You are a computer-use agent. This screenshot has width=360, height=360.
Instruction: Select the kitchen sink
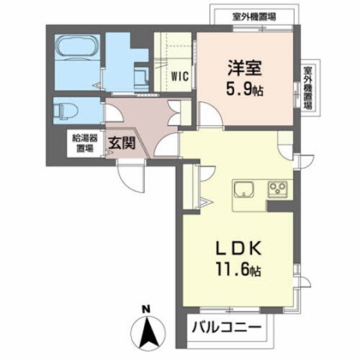[x=242, y=190]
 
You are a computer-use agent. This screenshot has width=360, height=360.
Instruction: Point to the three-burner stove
[x=280, y=189]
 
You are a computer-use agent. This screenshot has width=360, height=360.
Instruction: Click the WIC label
[x=179, y=75]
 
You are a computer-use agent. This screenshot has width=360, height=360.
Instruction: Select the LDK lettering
[x=235, y=249]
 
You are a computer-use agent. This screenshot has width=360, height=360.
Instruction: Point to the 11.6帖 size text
[x=235, y=270]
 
